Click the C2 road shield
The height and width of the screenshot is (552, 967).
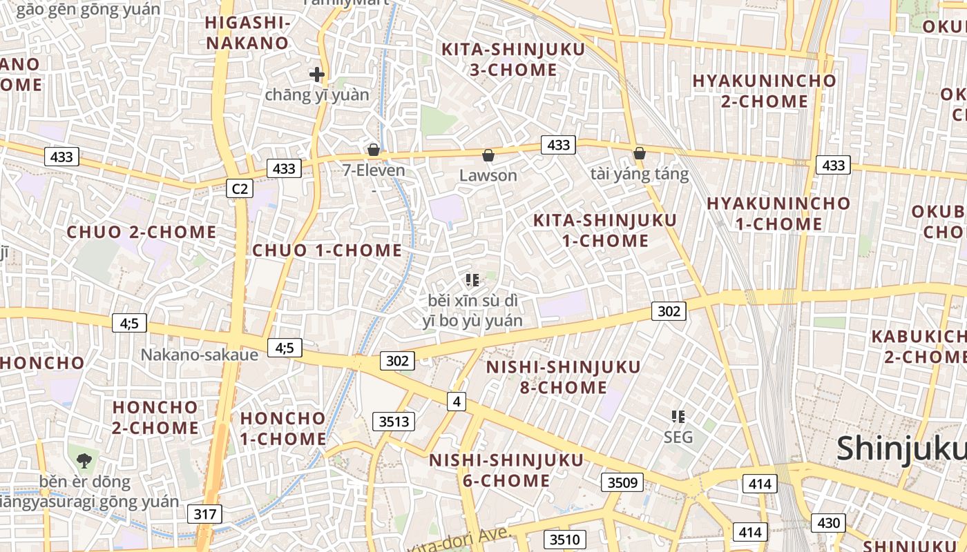coord(240,188)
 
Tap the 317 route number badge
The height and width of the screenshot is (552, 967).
coord(204,513)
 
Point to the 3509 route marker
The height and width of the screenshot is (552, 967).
coord(622,482)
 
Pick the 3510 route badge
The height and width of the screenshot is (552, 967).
coord(565,539)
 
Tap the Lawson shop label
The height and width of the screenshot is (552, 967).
coord(488,175)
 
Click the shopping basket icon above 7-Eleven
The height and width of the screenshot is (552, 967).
coord(374,150)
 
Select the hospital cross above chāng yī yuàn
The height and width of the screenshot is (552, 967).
coord(317,75)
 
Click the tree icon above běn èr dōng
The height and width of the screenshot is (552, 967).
coord(84,459)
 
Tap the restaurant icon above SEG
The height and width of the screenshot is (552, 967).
coord(678,416)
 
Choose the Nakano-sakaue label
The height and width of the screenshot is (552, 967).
coord(200,355)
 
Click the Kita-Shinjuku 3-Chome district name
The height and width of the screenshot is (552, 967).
coord(513,59)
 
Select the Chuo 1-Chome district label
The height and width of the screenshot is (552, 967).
coord(327,250)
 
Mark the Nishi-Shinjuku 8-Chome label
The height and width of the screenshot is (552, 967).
coord(564,377)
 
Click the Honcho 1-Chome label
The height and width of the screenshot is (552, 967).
coord(283,428)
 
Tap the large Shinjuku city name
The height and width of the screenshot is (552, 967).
coord(901,449)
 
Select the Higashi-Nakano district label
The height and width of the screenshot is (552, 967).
coord(247,32)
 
